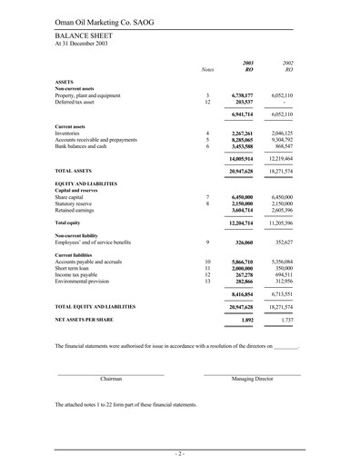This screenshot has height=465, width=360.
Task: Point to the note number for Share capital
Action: (207, 196)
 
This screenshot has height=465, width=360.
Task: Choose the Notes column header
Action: (206, 69)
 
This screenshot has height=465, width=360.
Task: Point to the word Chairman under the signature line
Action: (111, 379)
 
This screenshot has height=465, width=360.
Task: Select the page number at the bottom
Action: (180, 453)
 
